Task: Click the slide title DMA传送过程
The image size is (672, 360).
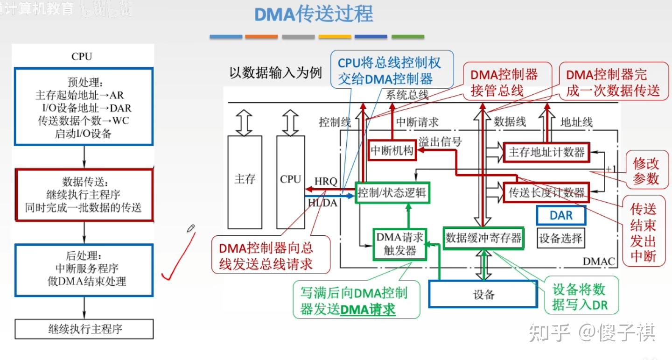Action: coord(314,14)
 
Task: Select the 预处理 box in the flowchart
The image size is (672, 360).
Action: coord(84,106)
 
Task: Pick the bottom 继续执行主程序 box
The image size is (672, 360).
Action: coord(84,329)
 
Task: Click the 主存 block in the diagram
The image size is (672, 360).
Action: coord(245,179)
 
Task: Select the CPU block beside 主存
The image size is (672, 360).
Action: coord(290,179)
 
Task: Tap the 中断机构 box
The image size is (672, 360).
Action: coord(392,150)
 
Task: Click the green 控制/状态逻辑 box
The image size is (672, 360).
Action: coord(392,192)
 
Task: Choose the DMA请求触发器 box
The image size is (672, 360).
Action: coord(400,244)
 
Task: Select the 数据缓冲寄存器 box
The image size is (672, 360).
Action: coord(483,238)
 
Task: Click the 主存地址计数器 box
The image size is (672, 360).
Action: coord(546,152)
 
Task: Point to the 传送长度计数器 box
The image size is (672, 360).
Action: coord(546,192)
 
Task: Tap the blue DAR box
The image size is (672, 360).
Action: coord(560,215)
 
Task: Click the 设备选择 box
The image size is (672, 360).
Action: coord(560,238)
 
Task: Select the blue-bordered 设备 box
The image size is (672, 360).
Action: coord(483,294)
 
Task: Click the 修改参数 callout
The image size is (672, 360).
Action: coord(646,171)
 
